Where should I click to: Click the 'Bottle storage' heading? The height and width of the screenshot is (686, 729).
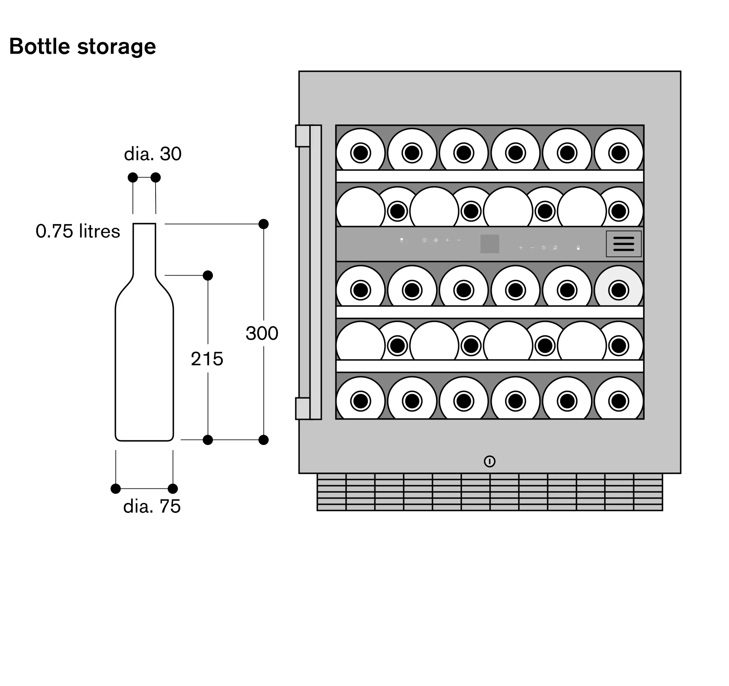pos(82,47)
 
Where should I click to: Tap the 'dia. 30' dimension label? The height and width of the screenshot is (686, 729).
pos(153,154)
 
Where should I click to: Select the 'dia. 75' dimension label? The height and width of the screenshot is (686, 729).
pos(152,506)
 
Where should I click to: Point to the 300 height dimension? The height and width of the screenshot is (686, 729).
pos(262,333)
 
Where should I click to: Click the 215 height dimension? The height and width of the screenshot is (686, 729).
pos(207,359)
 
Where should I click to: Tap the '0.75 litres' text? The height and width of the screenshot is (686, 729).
pos(78,231)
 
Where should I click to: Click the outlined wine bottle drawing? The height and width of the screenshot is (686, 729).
pos(144,359)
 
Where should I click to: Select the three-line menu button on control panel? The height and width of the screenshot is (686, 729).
pos(623,244)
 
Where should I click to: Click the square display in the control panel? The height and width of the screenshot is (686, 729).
pos(490,244)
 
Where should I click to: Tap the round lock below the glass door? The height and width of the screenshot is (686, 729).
pos(490,461)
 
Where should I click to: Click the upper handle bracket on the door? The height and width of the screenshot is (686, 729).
pos(303,136)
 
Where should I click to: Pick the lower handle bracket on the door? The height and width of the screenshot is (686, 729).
pos(303,408)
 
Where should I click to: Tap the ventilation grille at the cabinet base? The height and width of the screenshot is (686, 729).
pos(490,492)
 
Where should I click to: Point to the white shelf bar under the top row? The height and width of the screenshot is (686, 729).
pos(490,176)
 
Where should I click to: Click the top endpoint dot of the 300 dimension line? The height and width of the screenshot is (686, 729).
pos(263,224)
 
